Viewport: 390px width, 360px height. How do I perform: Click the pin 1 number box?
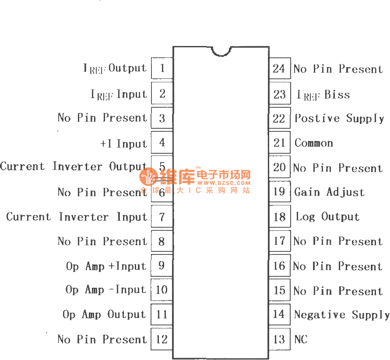(162, 68)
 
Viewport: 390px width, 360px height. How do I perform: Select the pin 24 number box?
(279, 69)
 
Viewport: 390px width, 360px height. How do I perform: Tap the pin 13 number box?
(279, 339)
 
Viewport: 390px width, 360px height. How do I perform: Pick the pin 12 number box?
(162, 339)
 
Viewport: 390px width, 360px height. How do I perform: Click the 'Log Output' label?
(327, 217)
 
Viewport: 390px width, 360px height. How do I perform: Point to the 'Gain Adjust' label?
(329, 192)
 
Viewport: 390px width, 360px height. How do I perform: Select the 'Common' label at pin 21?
(313, 143)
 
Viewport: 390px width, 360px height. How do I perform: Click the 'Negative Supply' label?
(341, 315)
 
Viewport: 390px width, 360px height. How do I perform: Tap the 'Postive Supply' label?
(339, 119)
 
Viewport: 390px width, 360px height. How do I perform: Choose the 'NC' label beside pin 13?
(301, 339)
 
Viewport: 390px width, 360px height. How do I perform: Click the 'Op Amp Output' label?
(104, 315)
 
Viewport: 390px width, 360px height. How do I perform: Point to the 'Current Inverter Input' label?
(77, 217)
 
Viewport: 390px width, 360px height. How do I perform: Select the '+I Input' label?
(123, 144)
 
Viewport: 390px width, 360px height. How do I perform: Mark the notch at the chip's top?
(221, 51)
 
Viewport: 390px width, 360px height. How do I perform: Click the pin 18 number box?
(279, 217)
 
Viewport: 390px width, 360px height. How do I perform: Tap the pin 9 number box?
(162, 266)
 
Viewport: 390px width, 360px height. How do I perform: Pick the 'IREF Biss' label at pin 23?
(323, 95)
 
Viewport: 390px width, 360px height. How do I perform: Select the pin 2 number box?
(162, 93)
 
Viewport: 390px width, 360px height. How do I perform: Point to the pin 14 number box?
(279, 314)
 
